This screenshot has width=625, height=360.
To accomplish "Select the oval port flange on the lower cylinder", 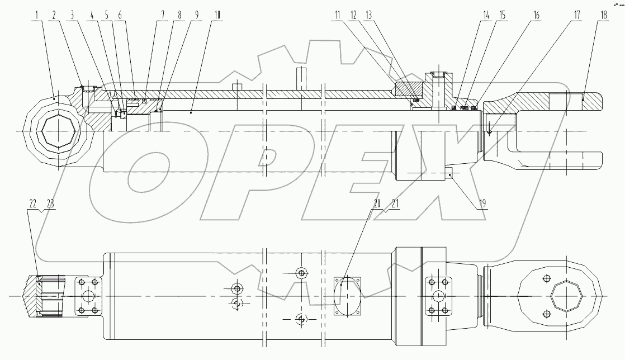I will click(347, 294).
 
